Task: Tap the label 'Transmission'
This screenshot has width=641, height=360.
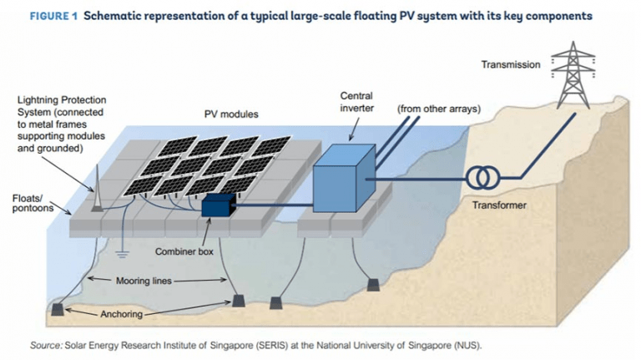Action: [511, 64]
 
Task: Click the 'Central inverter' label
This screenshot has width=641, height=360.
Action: [357, 101]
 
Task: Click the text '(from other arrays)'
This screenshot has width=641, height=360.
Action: [441, 108]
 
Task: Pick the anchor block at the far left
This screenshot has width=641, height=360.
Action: [58, 308]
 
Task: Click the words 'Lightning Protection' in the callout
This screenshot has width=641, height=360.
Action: [62, 100]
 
